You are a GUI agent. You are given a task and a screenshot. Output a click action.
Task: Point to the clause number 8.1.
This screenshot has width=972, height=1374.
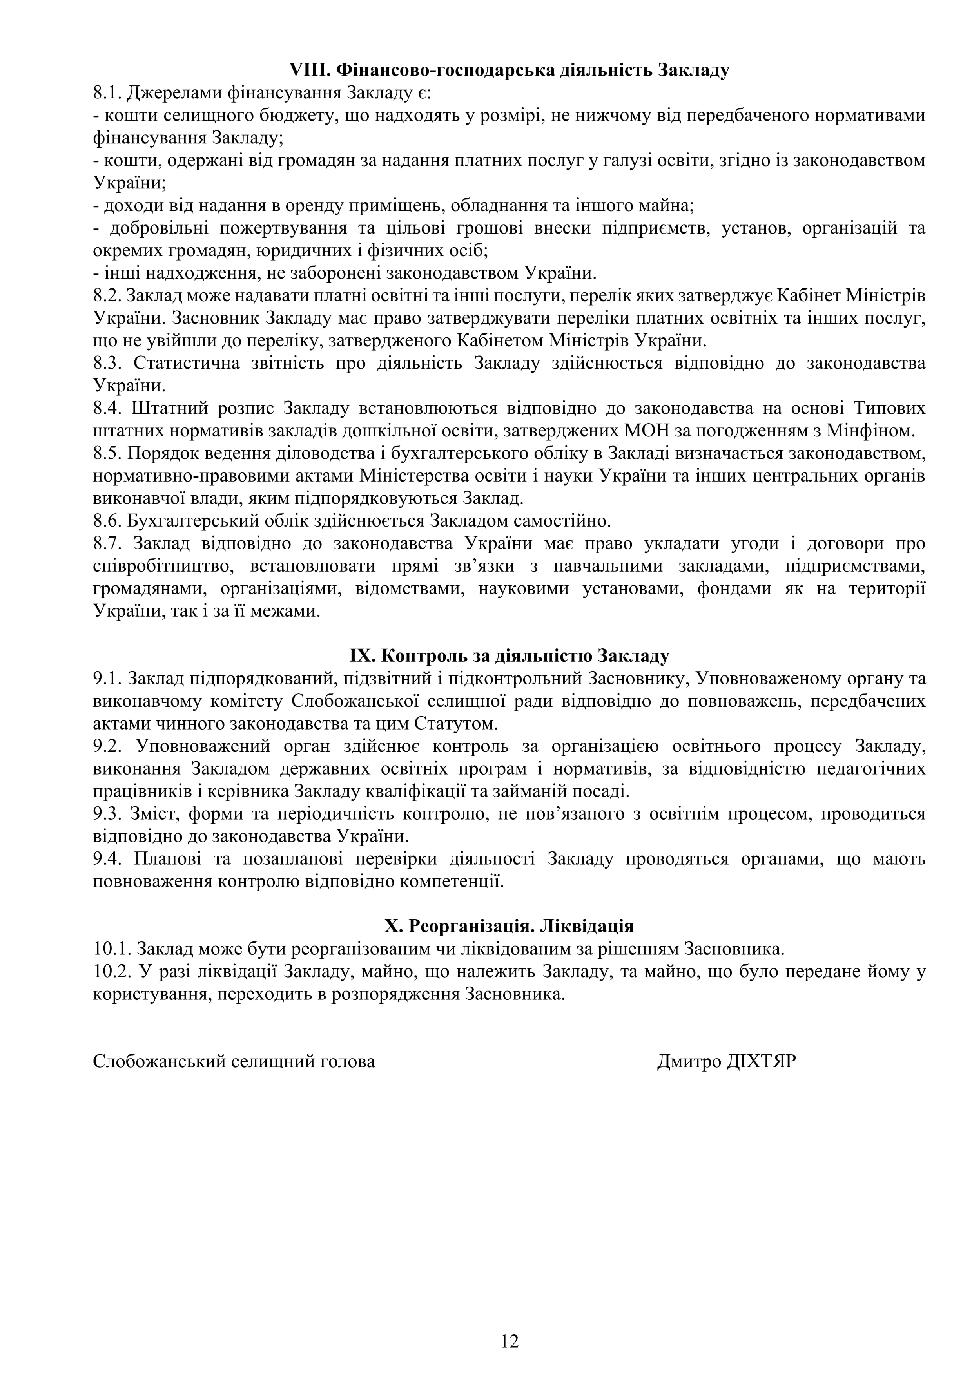(107, 93)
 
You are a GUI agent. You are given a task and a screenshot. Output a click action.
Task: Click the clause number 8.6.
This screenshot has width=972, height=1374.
(107, 521)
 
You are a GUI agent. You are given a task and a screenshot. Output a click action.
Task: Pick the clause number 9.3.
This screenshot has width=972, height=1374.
(107, 814)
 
